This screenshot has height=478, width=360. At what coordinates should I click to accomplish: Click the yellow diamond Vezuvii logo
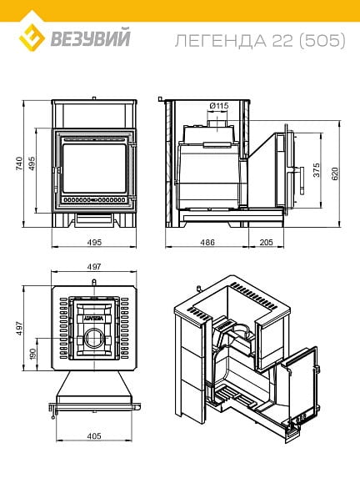(x=32, y=38)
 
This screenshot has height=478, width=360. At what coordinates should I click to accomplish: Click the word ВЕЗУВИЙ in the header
(x=90, y=38)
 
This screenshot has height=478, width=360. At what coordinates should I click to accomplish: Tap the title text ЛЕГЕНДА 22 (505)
(x=260, y=41)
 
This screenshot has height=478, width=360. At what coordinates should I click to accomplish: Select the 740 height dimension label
(x=19, y=164)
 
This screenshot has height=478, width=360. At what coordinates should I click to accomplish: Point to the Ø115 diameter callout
(x=219, y=106)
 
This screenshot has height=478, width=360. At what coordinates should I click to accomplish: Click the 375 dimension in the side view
(x=317, y=170)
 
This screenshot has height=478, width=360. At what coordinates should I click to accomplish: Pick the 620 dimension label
(x=335, y=174)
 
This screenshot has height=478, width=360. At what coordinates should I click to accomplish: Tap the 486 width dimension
(x=207, y=243)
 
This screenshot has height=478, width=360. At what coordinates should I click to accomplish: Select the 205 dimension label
(x=266, y=243)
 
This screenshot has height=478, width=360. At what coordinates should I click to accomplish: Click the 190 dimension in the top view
(x=32, y=354)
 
